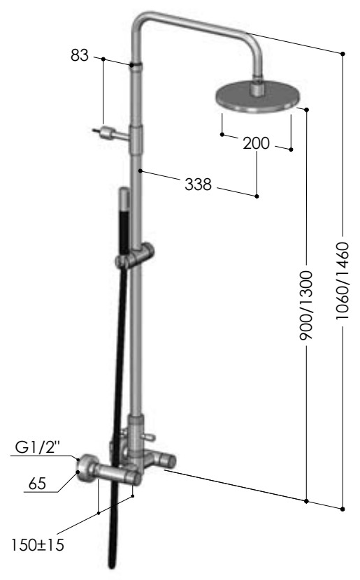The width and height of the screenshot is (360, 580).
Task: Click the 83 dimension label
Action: point(80,55)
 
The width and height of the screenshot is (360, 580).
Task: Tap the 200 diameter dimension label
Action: point(256,143)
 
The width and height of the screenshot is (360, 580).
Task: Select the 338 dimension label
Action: point(198,184)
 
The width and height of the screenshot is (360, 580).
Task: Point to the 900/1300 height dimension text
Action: point(306,305)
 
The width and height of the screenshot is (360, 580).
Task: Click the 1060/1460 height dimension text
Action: point(343,281)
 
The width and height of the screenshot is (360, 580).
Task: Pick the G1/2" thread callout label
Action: point(37,447)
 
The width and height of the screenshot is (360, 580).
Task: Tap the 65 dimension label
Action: point(37,484)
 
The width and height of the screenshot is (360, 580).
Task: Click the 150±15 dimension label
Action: point(37,545)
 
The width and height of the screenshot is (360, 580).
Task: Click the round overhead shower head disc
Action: point(258,97)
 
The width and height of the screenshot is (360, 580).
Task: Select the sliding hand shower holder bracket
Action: point(135,255)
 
